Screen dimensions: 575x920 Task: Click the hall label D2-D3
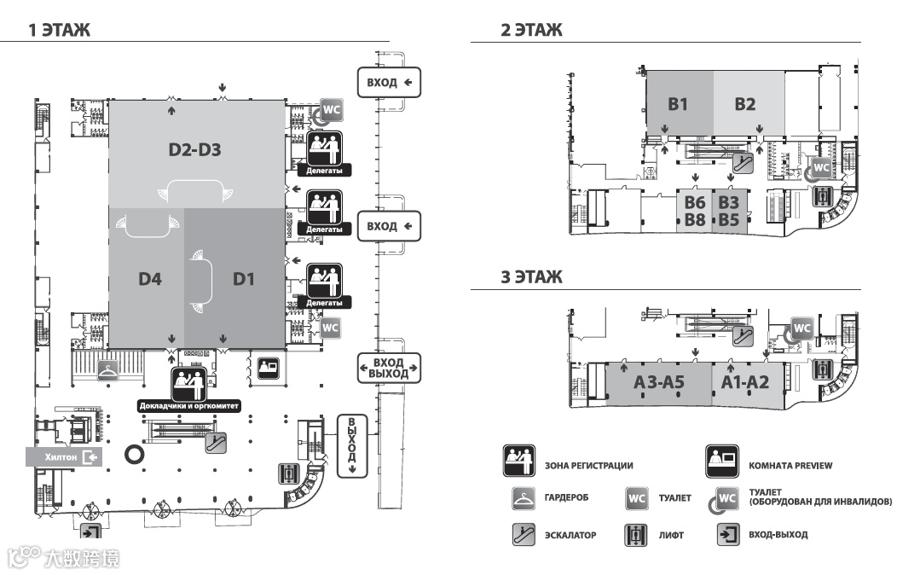tap(194, 151)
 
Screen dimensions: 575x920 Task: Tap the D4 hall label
tap(150, 278)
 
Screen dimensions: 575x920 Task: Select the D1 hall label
tap(245, 278)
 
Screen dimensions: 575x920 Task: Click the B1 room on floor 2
tap(678, 104)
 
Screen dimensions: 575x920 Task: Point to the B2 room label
tap(745, 104)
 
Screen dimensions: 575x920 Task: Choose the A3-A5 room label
tap(659, 383)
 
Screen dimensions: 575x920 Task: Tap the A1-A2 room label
tap(745, 383)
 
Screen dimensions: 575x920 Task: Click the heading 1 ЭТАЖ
tap(59, 31)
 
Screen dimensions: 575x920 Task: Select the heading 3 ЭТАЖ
tap(531, 277)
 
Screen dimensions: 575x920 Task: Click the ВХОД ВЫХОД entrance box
tap(388, 368)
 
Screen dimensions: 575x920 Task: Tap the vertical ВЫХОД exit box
tap(351, 446)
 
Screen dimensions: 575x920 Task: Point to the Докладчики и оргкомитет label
tap(189, 406)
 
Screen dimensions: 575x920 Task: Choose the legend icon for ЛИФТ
tap(635, 535)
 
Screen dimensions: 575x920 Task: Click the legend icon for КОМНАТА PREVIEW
tap(721, 461)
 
